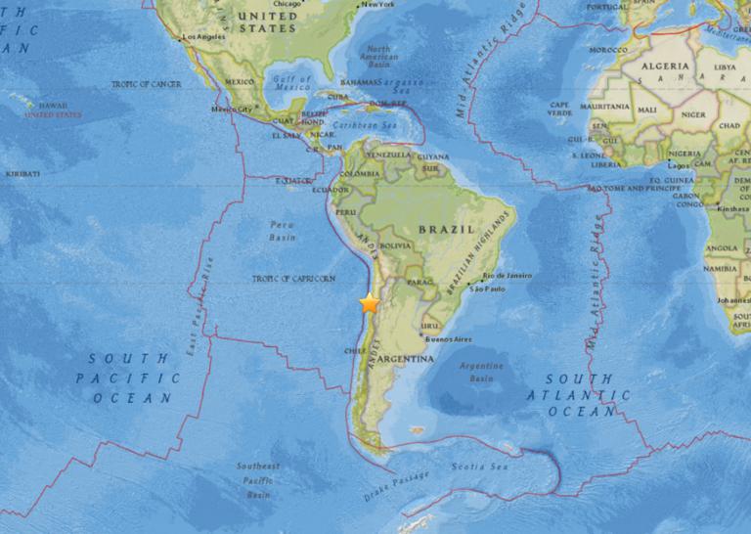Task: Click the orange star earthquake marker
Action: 369,303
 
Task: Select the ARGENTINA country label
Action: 401,360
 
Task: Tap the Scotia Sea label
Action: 467,468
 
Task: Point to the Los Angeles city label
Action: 203,38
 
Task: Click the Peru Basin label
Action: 283,231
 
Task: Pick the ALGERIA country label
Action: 664,66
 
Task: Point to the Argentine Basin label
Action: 480,371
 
